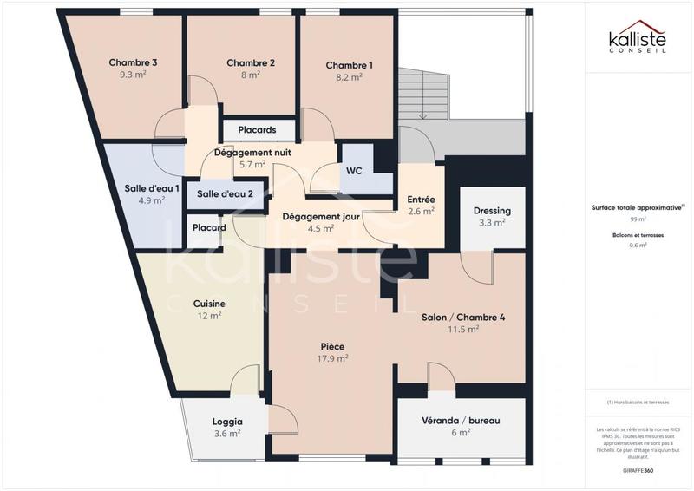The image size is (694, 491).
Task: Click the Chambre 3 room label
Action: (x=133, y=62)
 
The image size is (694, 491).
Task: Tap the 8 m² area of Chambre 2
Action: (x=251, y=75)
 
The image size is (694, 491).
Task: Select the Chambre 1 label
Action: (x=350, y=65)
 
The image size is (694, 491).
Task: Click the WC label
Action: (x=354, y=171)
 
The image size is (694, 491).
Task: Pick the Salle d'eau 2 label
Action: (x=225, y=193)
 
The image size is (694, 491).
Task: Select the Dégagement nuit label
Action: (x=252, y=152)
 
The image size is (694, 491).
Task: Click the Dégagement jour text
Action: (x=320, y=217)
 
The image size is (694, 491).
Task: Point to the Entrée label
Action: (x=422, y=200)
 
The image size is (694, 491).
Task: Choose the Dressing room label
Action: (x=492, y=211)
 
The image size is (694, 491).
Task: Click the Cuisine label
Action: (x=209, y=304)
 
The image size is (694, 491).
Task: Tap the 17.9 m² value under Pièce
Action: (x=332, y=357)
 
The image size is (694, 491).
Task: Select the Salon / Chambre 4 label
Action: (x=463, y=317)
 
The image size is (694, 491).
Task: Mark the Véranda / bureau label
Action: (x=461, y=421)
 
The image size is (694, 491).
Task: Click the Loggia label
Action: (x=227, y=422)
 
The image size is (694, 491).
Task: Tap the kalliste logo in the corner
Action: (x=637, y=42)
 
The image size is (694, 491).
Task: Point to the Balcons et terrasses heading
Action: (x=637, y=235)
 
